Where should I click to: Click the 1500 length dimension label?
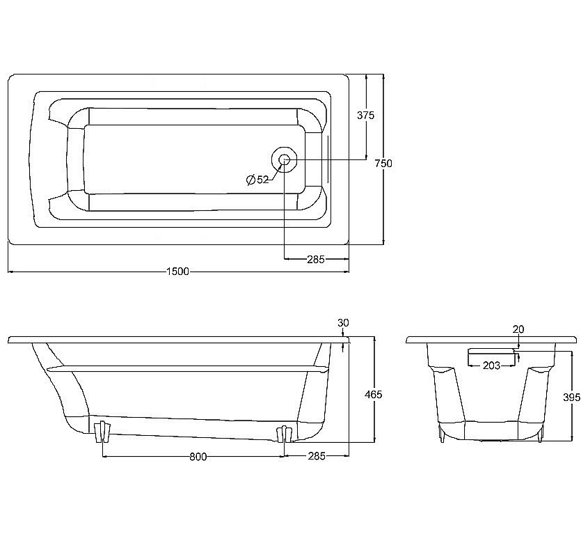click(x=178, y=272)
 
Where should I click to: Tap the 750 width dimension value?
click(x=383, y=163)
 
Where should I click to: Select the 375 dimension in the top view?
click(x=365, y=116)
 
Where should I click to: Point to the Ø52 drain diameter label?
click(x=257, y=180)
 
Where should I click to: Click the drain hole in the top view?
click(x=284, y=160)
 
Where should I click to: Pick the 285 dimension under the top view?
click(x=316, y=260)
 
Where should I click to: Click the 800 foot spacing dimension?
click(x=198, y=457)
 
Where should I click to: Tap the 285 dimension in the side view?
click(x=316, y=457)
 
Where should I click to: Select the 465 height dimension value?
click(x=374, y=395)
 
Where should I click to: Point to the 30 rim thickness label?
click(x=343, y=322)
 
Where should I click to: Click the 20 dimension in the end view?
click(x=518, y=329)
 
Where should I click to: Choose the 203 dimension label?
click(x=491, y=366)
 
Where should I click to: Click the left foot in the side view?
click(x=103, y=431)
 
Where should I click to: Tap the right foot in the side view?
click(x=283, y=434)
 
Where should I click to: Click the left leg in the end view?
click(x=441, y=434)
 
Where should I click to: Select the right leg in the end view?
click(x=541, y=434)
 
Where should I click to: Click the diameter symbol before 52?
click(x=250, y=180)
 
